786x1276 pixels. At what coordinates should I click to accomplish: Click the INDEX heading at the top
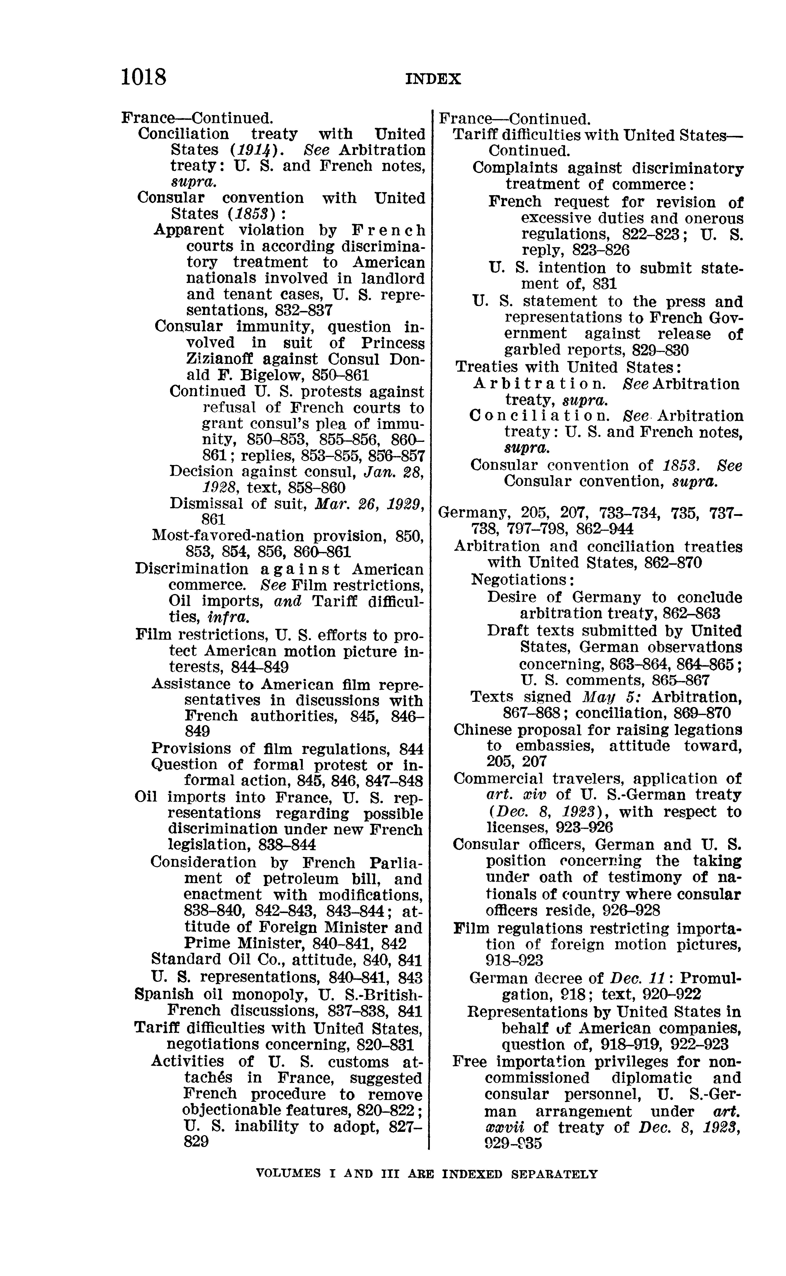tap(433, 79)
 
